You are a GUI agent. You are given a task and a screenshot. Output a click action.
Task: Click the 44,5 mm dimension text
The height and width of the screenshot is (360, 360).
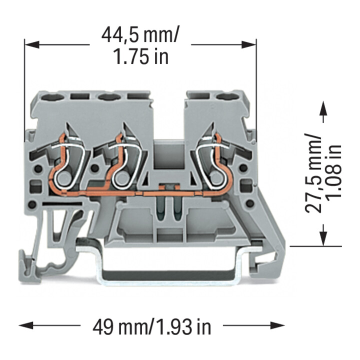tap(140, 34)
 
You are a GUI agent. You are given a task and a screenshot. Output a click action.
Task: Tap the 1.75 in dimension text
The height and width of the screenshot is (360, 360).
tap(141, 57)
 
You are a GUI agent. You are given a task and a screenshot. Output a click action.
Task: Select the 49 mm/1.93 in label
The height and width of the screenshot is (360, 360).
tap(152, 326)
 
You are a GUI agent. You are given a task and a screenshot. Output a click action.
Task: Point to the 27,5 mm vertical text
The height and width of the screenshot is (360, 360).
tap(312, 172)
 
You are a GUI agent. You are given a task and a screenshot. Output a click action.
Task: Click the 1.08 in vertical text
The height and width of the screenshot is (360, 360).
tap(334, 172)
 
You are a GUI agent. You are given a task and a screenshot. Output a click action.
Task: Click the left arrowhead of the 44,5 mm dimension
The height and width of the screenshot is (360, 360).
tap(31, 45)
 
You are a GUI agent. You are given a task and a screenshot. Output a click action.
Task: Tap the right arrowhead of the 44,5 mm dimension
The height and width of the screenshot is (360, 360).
tap(249, 45)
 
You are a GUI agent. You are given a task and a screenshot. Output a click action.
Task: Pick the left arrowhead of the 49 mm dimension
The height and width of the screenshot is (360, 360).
tap(26, 325)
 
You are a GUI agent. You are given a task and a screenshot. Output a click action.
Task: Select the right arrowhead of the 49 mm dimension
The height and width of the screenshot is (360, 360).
tap(277, 325)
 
